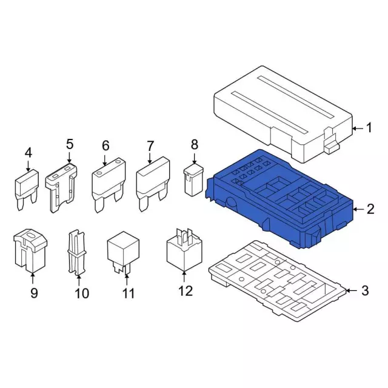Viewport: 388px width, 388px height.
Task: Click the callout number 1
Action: pos(369,128)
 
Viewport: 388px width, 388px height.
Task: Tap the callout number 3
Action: pos(365,290)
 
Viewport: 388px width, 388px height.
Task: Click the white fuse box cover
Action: pos(283,115)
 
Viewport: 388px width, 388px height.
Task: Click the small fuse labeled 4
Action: pos(27,190)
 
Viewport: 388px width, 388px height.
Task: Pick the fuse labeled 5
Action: pos(61,187)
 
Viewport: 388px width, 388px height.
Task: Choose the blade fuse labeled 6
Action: pos(109,186)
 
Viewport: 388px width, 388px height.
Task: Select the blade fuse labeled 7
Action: pos(153,184)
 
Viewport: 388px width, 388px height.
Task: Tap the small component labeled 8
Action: pos(193,180)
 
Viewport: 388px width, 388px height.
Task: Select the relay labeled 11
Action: pos(123,252)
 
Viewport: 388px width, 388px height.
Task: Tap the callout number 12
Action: pos(186,291)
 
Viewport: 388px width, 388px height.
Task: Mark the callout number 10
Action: pos(82,293)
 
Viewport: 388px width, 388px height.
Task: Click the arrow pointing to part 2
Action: pos(358,210)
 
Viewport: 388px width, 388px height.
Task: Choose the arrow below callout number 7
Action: pos(150,158)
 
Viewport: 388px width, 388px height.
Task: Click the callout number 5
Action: pos(70,144)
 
